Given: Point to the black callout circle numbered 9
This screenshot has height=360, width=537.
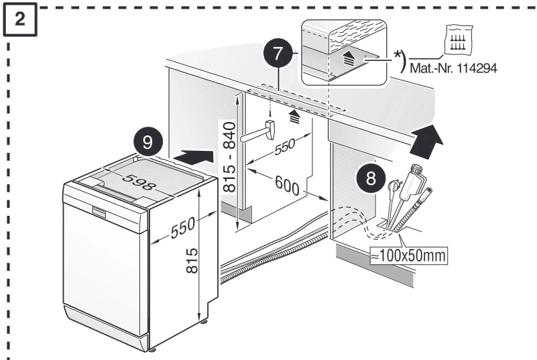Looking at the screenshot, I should pyautogui.click(x=146, y=142).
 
